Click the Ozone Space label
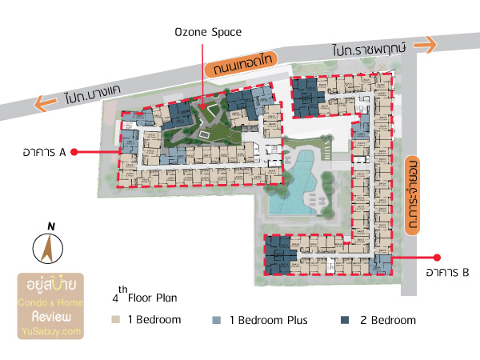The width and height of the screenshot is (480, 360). [x=208, y=32]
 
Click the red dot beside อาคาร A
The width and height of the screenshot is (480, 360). [x=74, y=150]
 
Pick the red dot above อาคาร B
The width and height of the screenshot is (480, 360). [x=437, y=258]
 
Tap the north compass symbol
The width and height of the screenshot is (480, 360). [x=47, y=249]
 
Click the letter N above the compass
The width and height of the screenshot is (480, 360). [x=50, y=226]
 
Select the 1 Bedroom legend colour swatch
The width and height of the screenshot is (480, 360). [x=115, y=320]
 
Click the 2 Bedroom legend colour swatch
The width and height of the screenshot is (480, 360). [x=345, y=320]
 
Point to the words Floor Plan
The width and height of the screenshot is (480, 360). [x=152, y=298]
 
